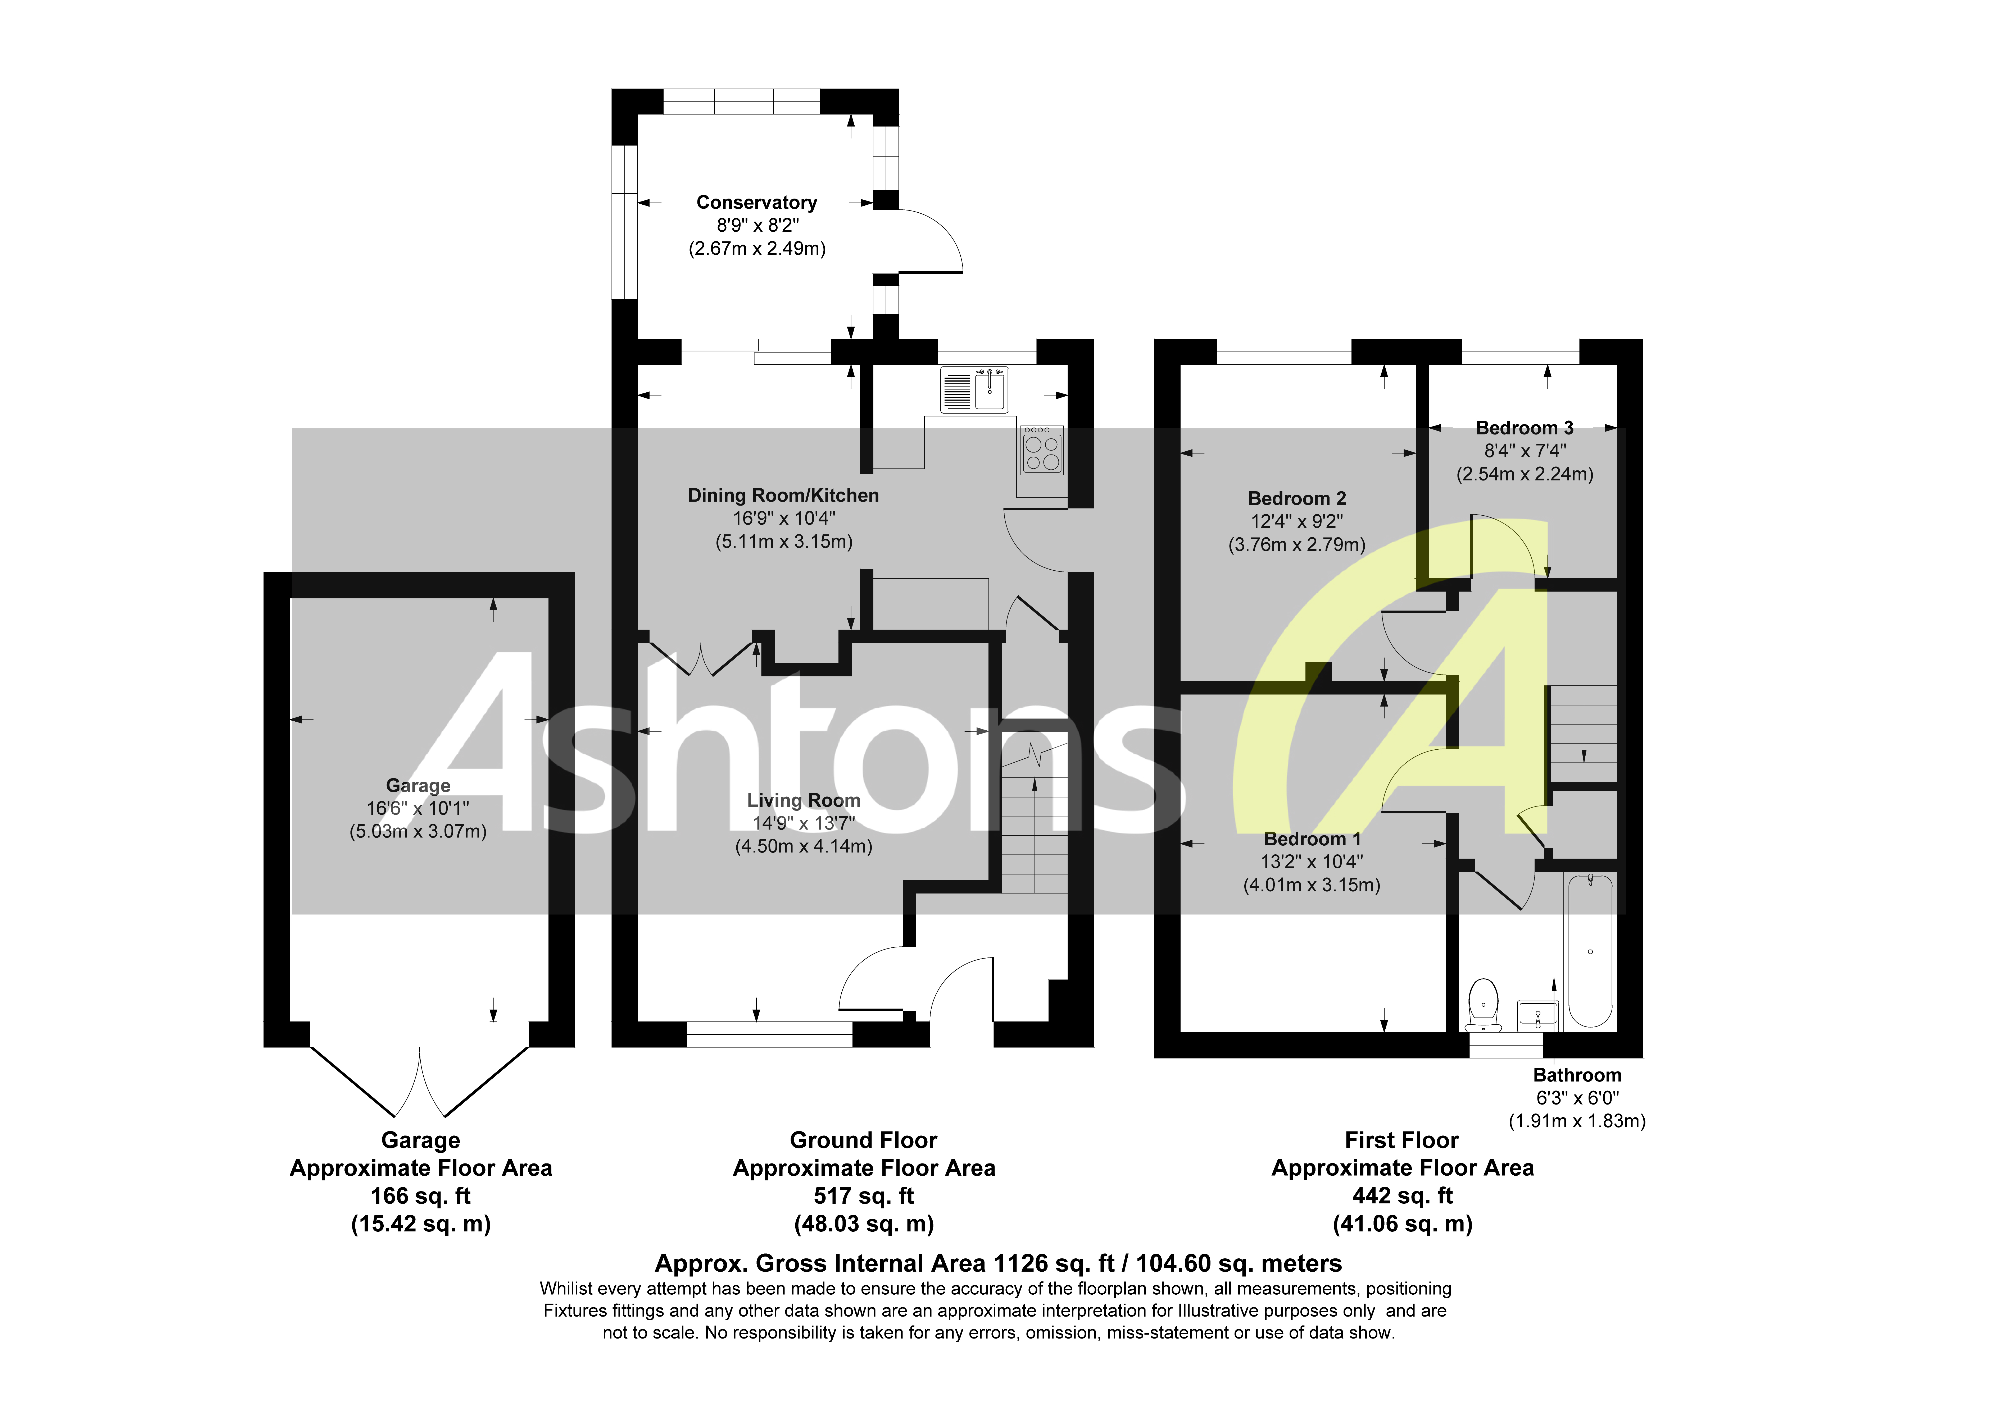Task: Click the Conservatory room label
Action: pyautogui.click(x=756, y=203)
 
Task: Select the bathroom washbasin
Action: pyautogui.click(x=1537, y=1014)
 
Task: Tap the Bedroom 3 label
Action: pyautogui.click(x=1524, y=428)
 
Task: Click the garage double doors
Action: pyautogui.click(x=420, y=1083)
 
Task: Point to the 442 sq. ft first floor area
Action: pyautogui.click(x=1401, y=1196)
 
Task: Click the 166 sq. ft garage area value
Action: pyautogui.click(x=420, y=1196)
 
